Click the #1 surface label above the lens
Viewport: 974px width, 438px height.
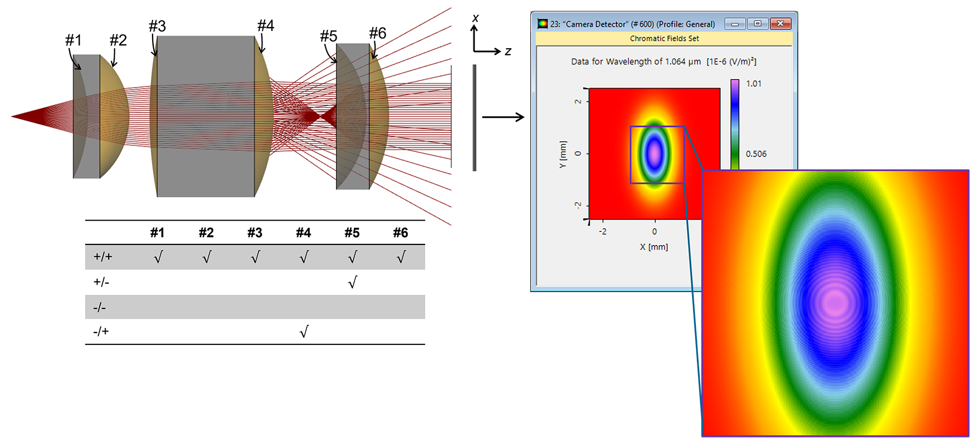pyautogui.click(x=74, y=40)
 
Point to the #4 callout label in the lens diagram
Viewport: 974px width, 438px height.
pyautogui.click(x=266, y=25)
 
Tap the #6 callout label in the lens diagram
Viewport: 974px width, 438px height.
pyautogui.click(x=378, y=33)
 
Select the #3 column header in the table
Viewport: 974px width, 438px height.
pyautogui.click(x=255, y=233)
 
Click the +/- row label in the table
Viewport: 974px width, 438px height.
pyautogui.click(x=101, y=282)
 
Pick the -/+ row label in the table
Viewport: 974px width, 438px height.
pyautogui.click(x=101, y=331)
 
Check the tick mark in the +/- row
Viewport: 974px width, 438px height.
pyautogui.click(x=352, y=282)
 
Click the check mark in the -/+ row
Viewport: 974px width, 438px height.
pyautogui.click(x=304, y=331)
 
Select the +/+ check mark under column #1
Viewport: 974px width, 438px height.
pyautogui.click(x=158, y=257)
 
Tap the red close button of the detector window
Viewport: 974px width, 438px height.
pyautogui.click(x=780, y=23)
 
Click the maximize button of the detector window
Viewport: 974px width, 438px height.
pyautogui.click(x=758, y=23)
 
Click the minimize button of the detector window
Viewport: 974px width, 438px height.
pyautogui.click(x=735, y=24)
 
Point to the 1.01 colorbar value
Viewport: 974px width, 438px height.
pyautogui.click(x=754, y=83)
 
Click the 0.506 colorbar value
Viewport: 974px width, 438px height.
pyautogui.click(x=756, y=154)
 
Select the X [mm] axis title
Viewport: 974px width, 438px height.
pyautogui.click(x=654, y=247)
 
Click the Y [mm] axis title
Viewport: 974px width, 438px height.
pyautogui.click(x=563, y=155)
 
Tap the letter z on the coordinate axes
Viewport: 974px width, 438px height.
pyautogui.click(x=508, y=51)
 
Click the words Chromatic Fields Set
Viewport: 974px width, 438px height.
pyautogui.click(x=664, y=38)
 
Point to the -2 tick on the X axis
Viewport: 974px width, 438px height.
pyautogui.click(x=602, y=231)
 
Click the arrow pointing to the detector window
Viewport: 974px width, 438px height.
pyautogui.click(x=503, y=117)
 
